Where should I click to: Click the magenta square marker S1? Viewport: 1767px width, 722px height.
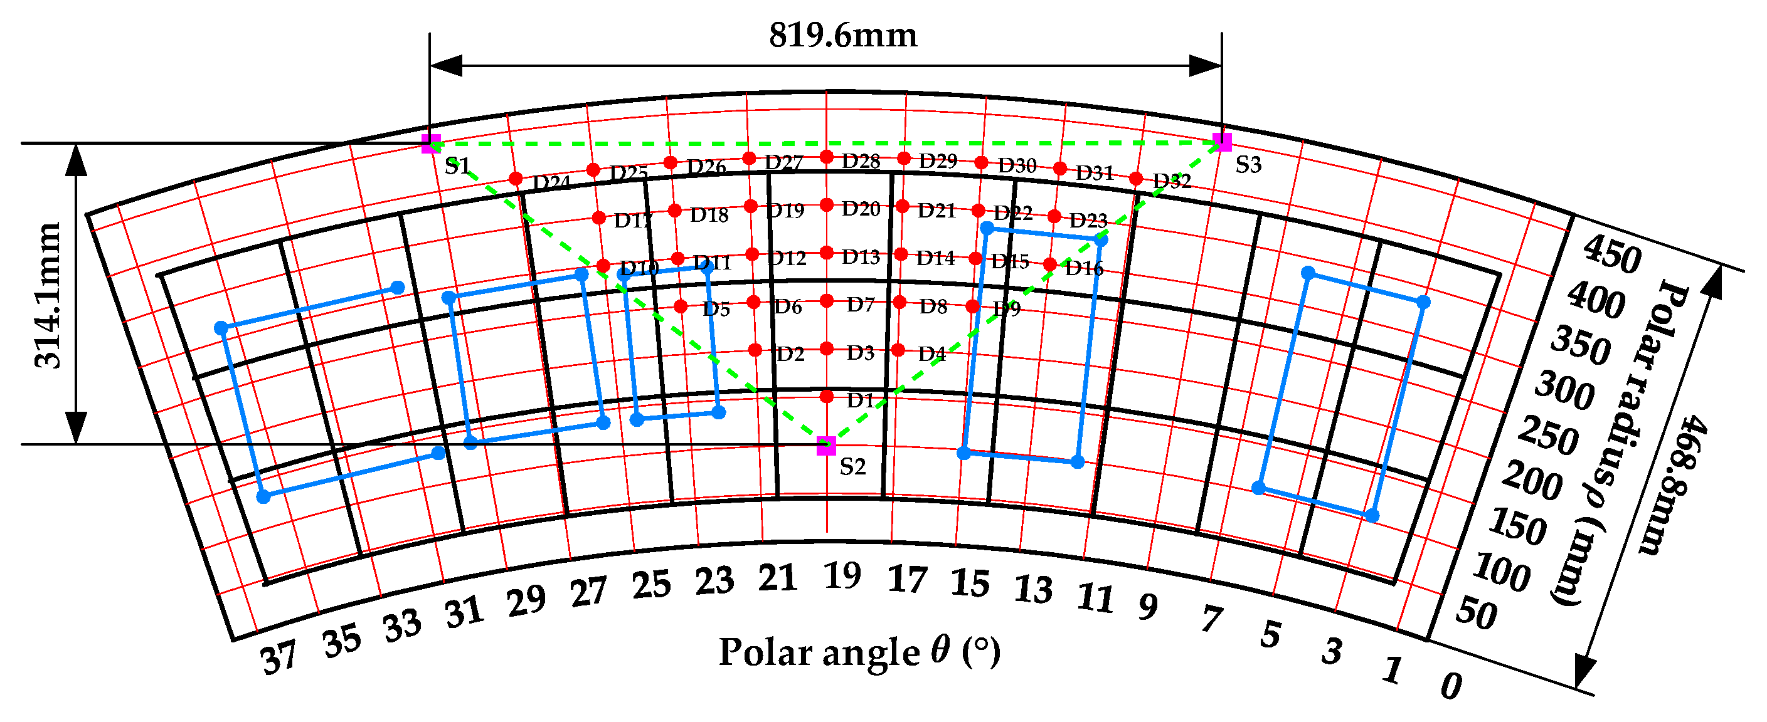coord(431,144)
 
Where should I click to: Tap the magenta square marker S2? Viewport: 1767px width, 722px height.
coord(827,446)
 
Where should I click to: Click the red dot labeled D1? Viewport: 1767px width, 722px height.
coord(827,396)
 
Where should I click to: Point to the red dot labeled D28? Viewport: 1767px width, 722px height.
coord(827,157)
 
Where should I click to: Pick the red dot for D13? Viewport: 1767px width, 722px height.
coord(827,253)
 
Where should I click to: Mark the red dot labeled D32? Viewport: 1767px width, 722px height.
coord(1136,179)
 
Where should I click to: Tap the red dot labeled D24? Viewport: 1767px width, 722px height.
coord(516,179)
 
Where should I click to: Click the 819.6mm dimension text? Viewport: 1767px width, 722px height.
coord(842,36)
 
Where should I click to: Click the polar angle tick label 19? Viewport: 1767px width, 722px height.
coord(842,575)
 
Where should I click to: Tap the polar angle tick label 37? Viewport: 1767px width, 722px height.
coord(279,657)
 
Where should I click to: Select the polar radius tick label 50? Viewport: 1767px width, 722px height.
coord(1476,612)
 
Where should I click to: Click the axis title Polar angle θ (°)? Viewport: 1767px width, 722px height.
coord(859,651)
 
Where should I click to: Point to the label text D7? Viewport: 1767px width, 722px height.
coord(860,305)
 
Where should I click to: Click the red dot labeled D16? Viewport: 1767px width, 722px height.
coord(1050,264)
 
